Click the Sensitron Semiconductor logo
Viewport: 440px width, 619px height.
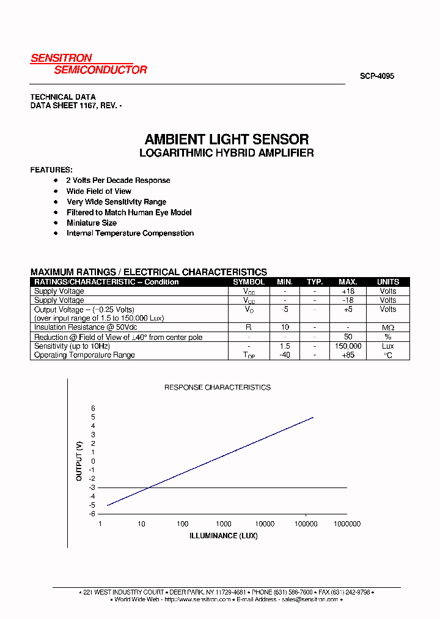click(x=89, y=64)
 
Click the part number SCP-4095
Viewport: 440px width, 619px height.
click(x=376, y=76)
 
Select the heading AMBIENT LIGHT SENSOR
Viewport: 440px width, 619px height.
click(x=227, y=139)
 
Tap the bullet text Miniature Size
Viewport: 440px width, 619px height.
click(x=92, y=223)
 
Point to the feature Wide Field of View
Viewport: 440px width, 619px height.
click(x=99, y=191)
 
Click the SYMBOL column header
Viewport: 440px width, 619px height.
click(x=249, y=282)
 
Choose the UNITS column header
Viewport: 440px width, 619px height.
click(x=387, y=282)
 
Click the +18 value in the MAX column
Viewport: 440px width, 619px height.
click(x=348, y=291)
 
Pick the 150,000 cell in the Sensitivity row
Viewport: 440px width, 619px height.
click(x=348, y=346)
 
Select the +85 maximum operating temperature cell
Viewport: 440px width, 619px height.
click(x=348, y=355)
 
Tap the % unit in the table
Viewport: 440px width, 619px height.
click(x=387, y=337)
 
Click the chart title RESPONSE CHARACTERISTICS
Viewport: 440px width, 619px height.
click(x=218, y=387)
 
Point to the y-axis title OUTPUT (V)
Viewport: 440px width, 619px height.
click(x=79, y=461)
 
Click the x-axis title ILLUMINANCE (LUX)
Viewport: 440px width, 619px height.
click(x=224, y=536)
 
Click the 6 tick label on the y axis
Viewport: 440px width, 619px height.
click(x=94, y=408)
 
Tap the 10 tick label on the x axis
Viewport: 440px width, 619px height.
click(x=141, y=524)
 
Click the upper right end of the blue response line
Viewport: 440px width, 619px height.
click(x=313, y=418)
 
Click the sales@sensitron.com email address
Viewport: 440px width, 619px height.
click(x=309, y=599)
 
